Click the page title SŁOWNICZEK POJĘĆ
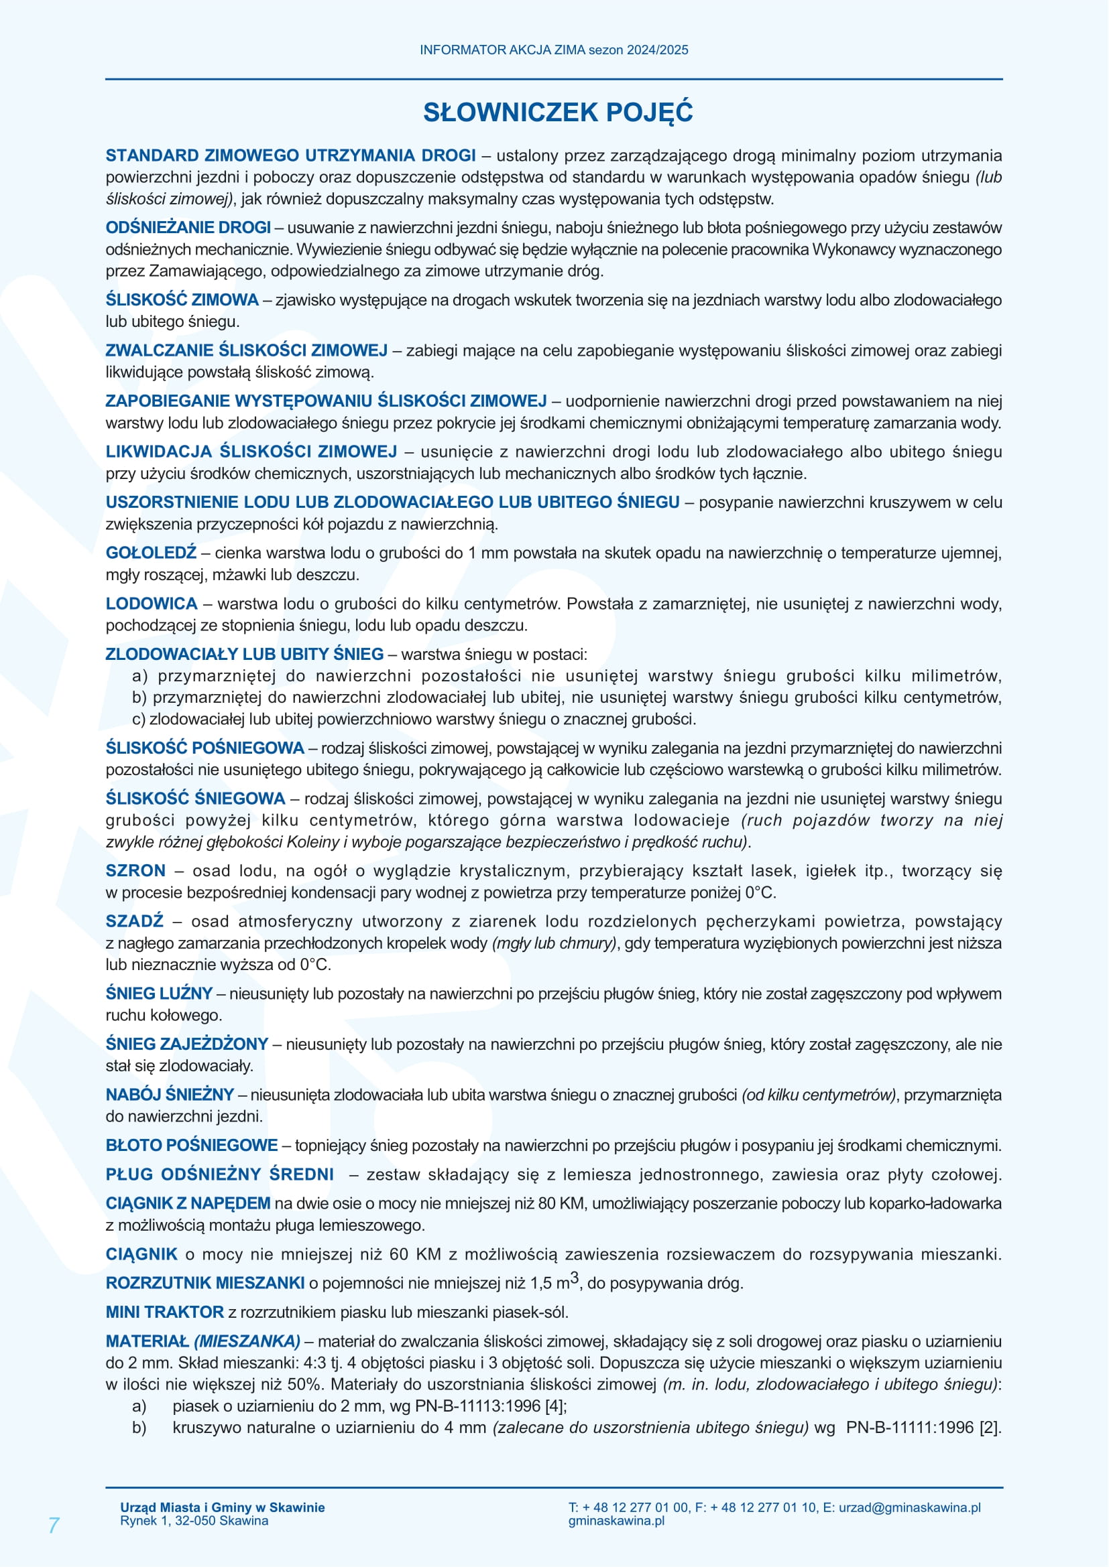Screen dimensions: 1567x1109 (558, 113)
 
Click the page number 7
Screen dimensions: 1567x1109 (54, 1525)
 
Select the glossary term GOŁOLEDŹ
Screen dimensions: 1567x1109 (151, 552)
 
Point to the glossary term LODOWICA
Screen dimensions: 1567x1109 (151, 604)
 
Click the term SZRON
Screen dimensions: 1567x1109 (135, 871)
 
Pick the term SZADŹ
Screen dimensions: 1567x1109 (135, 921)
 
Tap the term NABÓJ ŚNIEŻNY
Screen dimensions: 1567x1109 (170, 1095)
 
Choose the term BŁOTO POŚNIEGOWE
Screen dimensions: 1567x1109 (191, 1145)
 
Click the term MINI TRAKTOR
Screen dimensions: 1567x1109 (164, 1312)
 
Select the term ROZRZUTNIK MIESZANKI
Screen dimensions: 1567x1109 (205, 1283)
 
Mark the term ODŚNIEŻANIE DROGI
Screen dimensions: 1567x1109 (188, 227)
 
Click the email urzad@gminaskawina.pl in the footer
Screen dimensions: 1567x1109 (909, 1507)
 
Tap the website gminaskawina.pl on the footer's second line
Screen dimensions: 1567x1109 (616, 1521)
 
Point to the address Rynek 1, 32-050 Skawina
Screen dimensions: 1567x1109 (194, 1521)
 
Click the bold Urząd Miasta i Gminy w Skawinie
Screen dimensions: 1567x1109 (222, 1507)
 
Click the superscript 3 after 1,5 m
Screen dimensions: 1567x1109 (575, 1276)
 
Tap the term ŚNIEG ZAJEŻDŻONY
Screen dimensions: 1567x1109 (186, 1044)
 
